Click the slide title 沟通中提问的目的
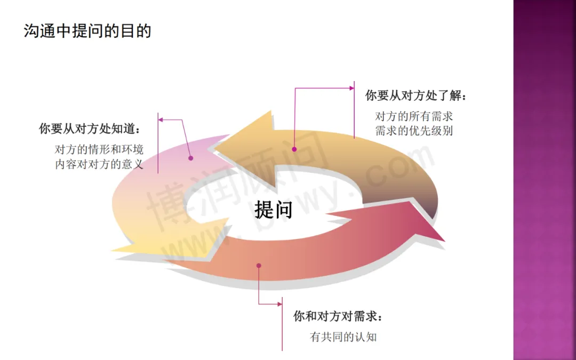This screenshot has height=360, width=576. [x=87, y=31]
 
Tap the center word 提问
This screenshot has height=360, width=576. [x=273, y=210]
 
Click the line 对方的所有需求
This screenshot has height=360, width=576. [x=414, y=116]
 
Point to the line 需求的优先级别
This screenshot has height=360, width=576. [x=414, y=130]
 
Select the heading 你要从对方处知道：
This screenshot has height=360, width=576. [x=90, y=129]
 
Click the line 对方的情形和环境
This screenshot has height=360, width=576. [x=99, y=149]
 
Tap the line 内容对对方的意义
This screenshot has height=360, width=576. [x=99, y=164]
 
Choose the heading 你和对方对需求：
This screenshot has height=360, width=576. [x=338, y=316]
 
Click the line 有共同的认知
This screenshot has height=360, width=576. [x=343, y=337]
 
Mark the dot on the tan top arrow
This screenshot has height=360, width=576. [x=294, y=148]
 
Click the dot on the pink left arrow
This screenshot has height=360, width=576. [x=190, y=157]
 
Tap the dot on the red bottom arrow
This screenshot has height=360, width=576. [x=259, y=265]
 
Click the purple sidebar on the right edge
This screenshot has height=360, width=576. [x=545, y=180]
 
